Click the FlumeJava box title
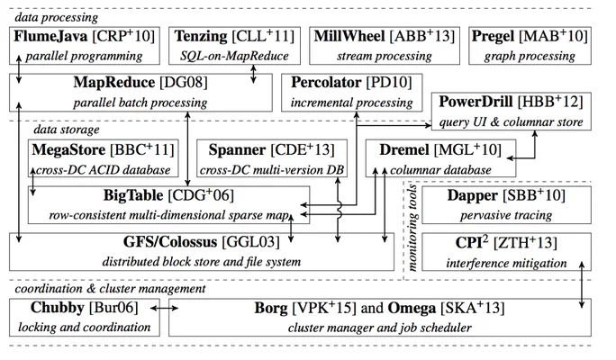(50, 36)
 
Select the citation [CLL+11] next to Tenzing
(263, 36)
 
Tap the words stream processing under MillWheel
(385, 56)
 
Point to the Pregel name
(493, 37)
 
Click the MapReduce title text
(114, 82)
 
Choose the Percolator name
(326, 83)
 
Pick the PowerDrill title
(476, 102)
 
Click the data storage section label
(67, 130)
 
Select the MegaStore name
(68, 149)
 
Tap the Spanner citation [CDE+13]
(303, 149)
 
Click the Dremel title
(404, 149)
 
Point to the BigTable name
(133, 195)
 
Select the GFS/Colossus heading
(170, 242)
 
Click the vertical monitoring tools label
(412, 228)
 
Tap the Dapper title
(472, 195)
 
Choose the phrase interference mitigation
(506, 263)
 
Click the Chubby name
(58, 308)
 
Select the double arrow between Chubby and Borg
(164, 309)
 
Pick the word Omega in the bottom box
(412, 308)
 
